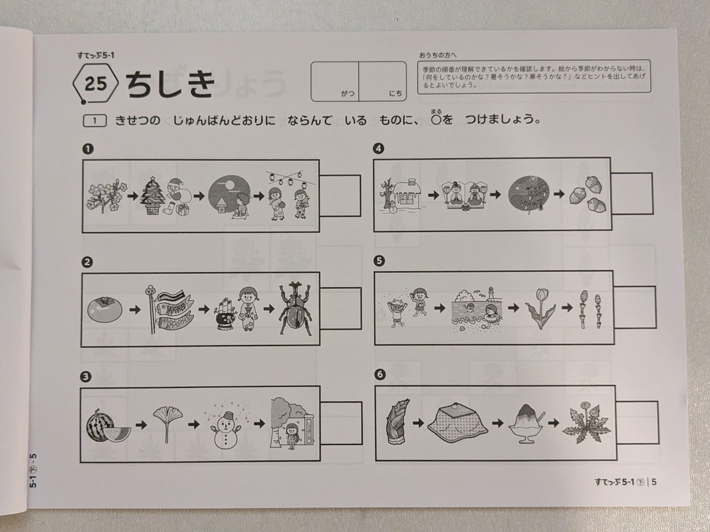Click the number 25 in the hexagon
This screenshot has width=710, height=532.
[96, 83]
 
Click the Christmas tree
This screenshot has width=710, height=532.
[151, 195]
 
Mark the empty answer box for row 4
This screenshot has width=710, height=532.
[632, 193]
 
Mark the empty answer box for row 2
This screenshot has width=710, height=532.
[340, 308]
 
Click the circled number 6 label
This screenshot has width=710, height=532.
[379, 374]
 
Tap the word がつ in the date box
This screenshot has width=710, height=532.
[347, 94]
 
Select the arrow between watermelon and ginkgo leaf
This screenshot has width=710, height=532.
[141, 425]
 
